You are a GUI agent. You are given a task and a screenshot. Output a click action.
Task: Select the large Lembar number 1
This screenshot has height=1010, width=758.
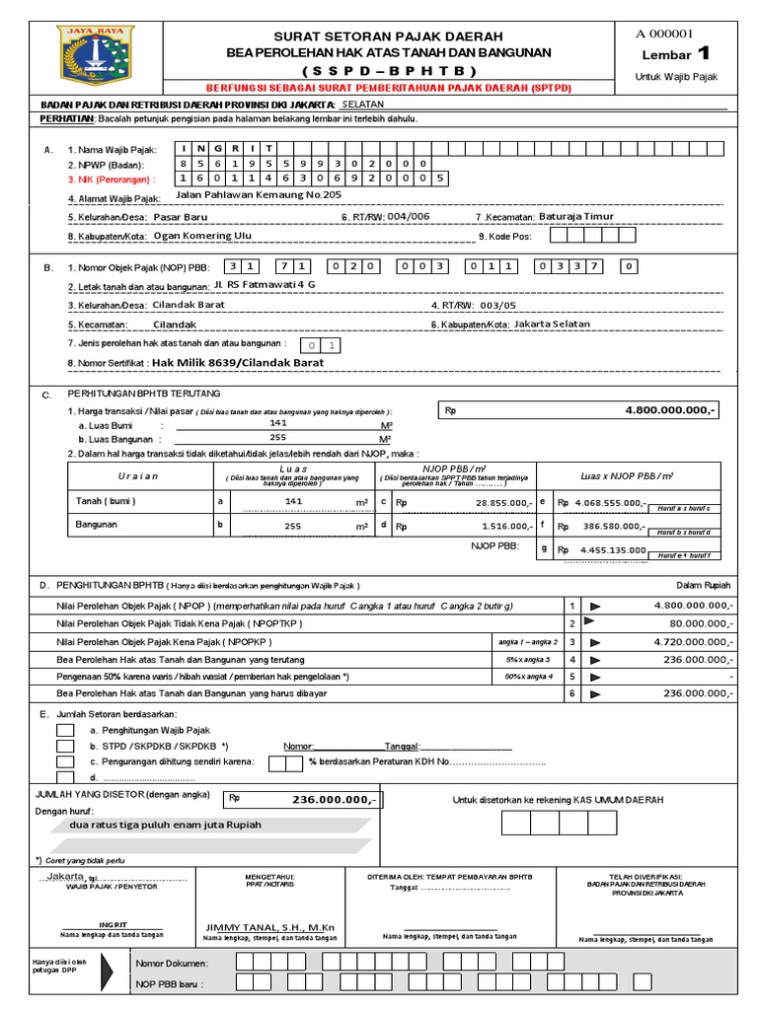(x=703, y=53)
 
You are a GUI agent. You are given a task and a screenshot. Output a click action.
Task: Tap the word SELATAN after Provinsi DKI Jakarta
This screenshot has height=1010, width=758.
(x=362, y=104)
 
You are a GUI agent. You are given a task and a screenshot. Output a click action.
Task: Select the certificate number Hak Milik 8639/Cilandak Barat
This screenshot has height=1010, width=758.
(x=238, y=363)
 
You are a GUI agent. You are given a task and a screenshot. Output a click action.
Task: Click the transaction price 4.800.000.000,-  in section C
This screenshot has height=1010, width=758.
(x=671, y=409)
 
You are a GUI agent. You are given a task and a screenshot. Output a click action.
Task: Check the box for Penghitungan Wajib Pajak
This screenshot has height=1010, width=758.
(x=65, y=730)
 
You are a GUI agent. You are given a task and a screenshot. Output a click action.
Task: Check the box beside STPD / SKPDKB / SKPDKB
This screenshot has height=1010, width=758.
(x=65, y=746)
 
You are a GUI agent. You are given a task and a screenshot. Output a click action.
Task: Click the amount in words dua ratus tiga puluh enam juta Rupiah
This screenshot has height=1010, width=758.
(x=167, y=825)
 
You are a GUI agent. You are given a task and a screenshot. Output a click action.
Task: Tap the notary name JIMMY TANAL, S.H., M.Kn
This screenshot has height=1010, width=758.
(x=270, y=927)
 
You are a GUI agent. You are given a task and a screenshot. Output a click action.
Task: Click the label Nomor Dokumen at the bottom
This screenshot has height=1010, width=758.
(x=172, y=963)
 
